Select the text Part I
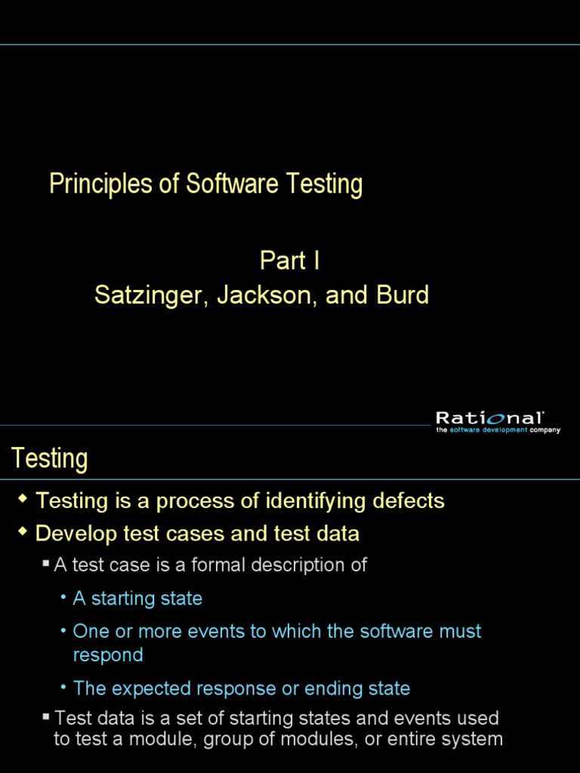289,260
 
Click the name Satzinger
150,295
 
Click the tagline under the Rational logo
498,430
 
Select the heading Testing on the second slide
49,458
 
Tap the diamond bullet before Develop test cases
23,533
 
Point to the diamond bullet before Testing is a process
23,499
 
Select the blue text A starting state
137,599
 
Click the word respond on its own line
108,654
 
